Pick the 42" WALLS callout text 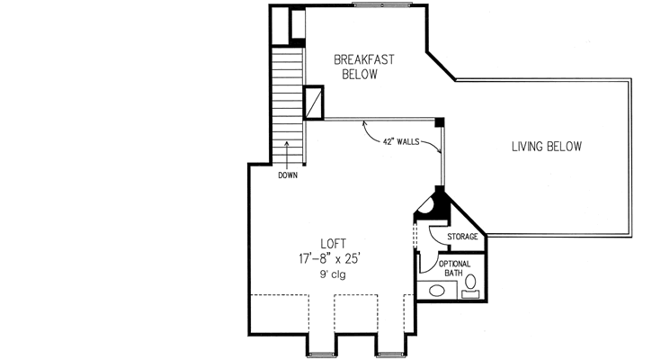(402, 142)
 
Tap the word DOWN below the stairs (288, 175)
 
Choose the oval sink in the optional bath (437, 291)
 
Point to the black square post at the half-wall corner (440, 122)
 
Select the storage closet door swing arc (436, 233)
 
